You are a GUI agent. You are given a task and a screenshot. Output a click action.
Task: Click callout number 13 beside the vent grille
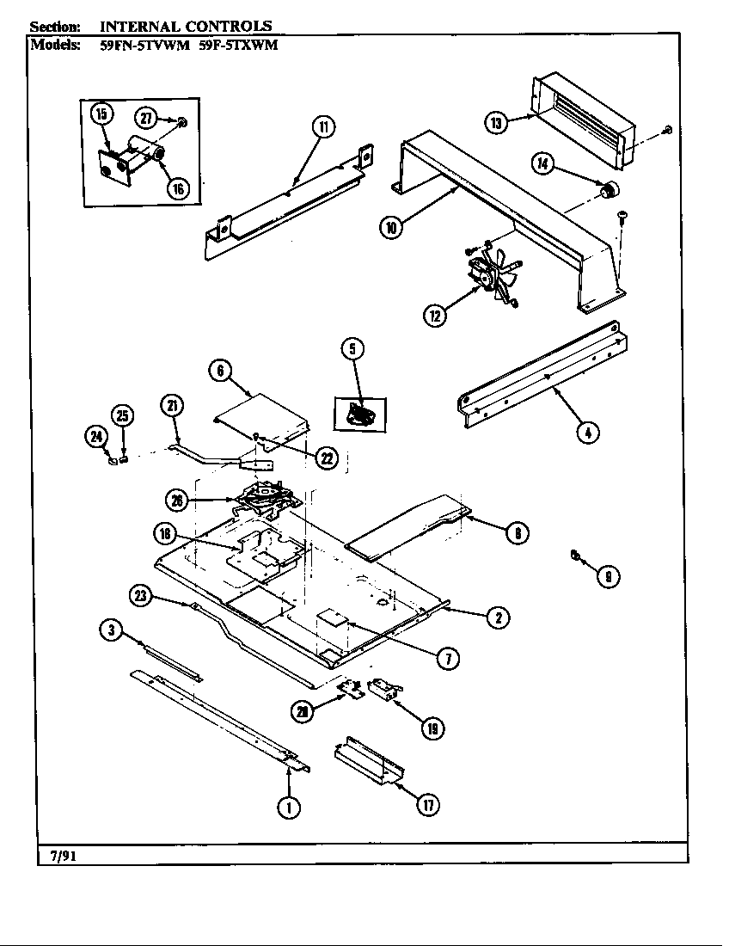point(495,123)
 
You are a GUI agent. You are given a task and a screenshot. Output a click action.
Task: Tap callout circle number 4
point(587,432)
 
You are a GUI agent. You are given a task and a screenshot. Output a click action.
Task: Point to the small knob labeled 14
point(610,190)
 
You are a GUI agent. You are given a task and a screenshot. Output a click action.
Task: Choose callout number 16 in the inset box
point(179,189)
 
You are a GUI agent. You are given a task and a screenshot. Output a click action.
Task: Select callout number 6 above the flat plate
point(220,371)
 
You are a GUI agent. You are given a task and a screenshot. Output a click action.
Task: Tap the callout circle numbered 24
point(95,437)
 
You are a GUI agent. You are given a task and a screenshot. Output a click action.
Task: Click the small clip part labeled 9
point(574,556)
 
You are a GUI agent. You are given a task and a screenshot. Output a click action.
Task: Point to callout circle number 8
point(516,533)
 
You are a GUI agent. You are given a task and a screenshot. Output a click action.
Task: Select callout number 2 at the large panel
point(498,616)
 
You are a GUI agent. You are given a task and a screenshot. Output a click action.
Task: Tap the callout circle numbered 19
point(432,728)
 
